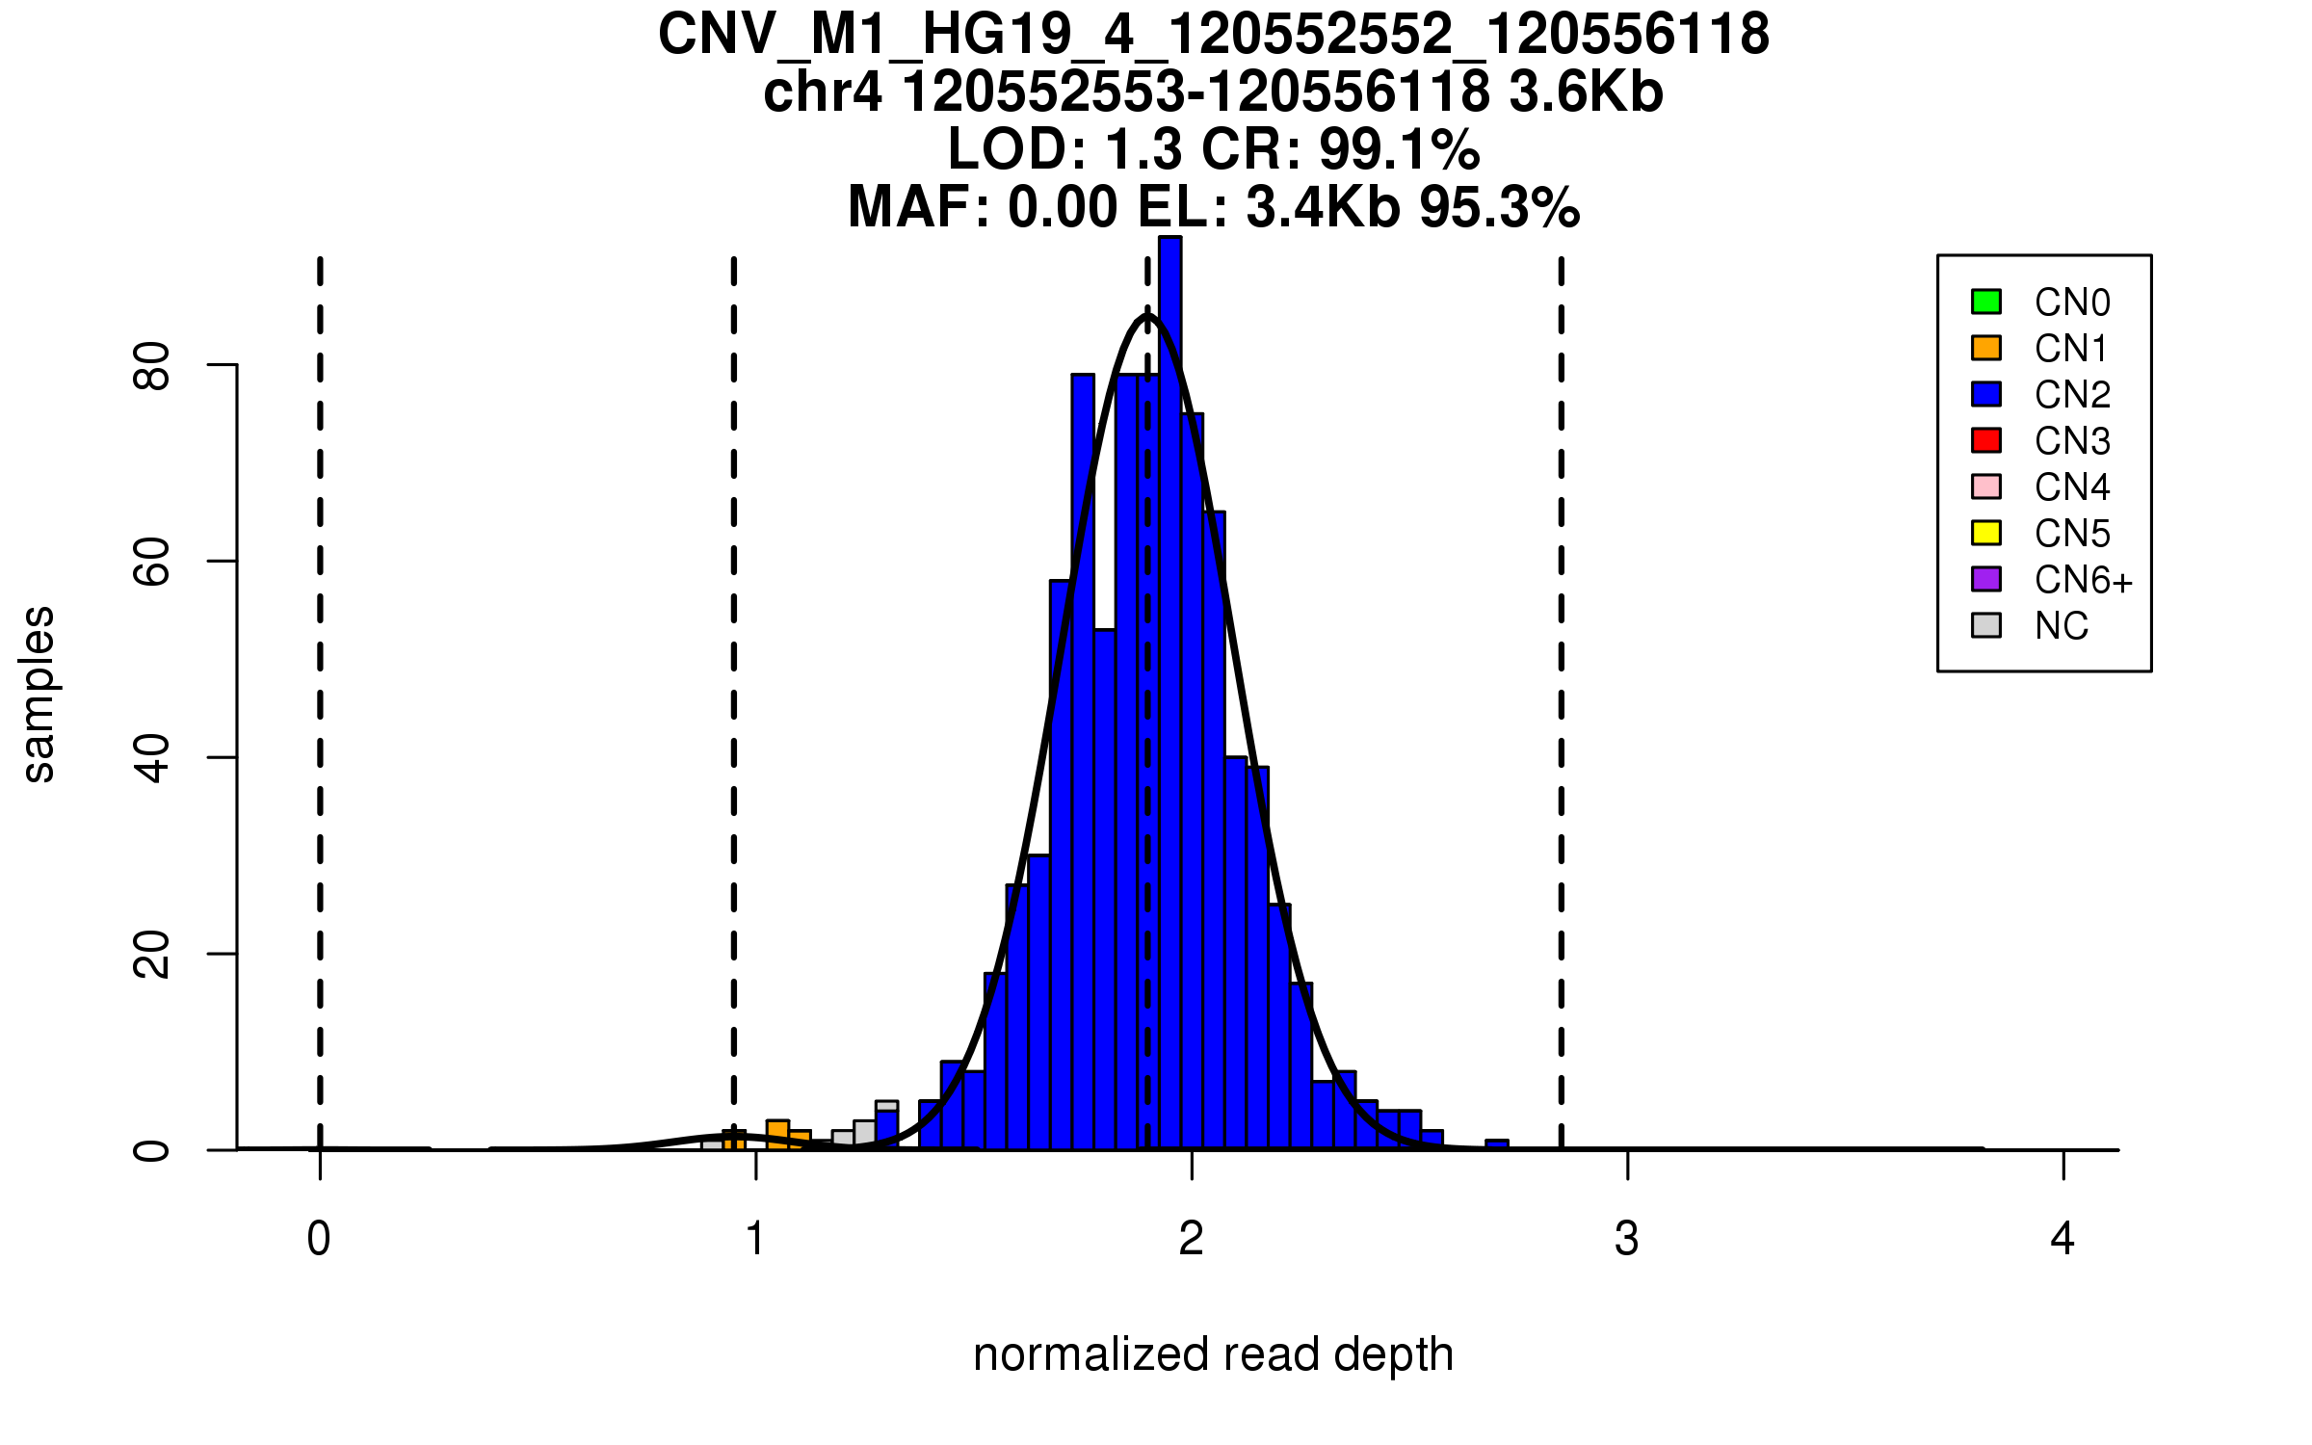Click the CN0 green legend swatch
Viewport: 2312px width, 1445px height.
[x=1986, y=302]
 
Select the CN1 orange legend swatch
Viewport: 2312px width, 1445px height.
[x=1986, y=348]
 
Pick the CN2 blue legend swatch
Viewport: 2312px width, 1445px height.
[x=1986, y=394]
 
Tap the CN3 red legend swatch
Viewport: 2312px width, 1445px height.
[x=1986, y=440]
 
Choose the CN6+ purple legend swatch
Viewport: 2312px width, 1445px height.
[x=1986, y=579]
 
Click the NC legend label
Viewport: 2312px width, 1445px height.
[x=2061, y=626]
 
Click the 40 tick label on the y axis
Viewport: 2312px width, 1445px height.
[x=152, y=757]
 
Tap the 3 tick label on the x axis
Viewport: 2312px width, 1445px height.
[x=1627, y=1239]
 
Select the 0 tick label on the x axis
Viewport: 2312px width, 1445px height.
[x=319, y=1239]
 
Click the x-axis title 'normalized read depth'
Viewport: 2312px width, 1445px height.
[x=1213, y=1354]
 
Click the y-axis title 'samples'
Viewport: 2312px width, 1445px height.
[x=39, y=694]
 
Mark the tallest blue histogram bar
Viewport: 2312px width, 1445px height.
[x=1169, y=694]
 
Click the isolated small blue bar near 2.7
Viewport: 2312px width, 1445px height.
[x=1497, y=1144]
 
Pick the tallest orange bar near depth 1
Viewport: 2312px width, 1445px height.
[x=777, y=1135]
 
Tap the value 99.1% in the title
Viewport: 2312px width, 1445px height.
[x=1399, y=150]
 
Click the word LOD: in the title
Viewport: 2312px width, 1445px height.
[x=1017, y=150]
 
